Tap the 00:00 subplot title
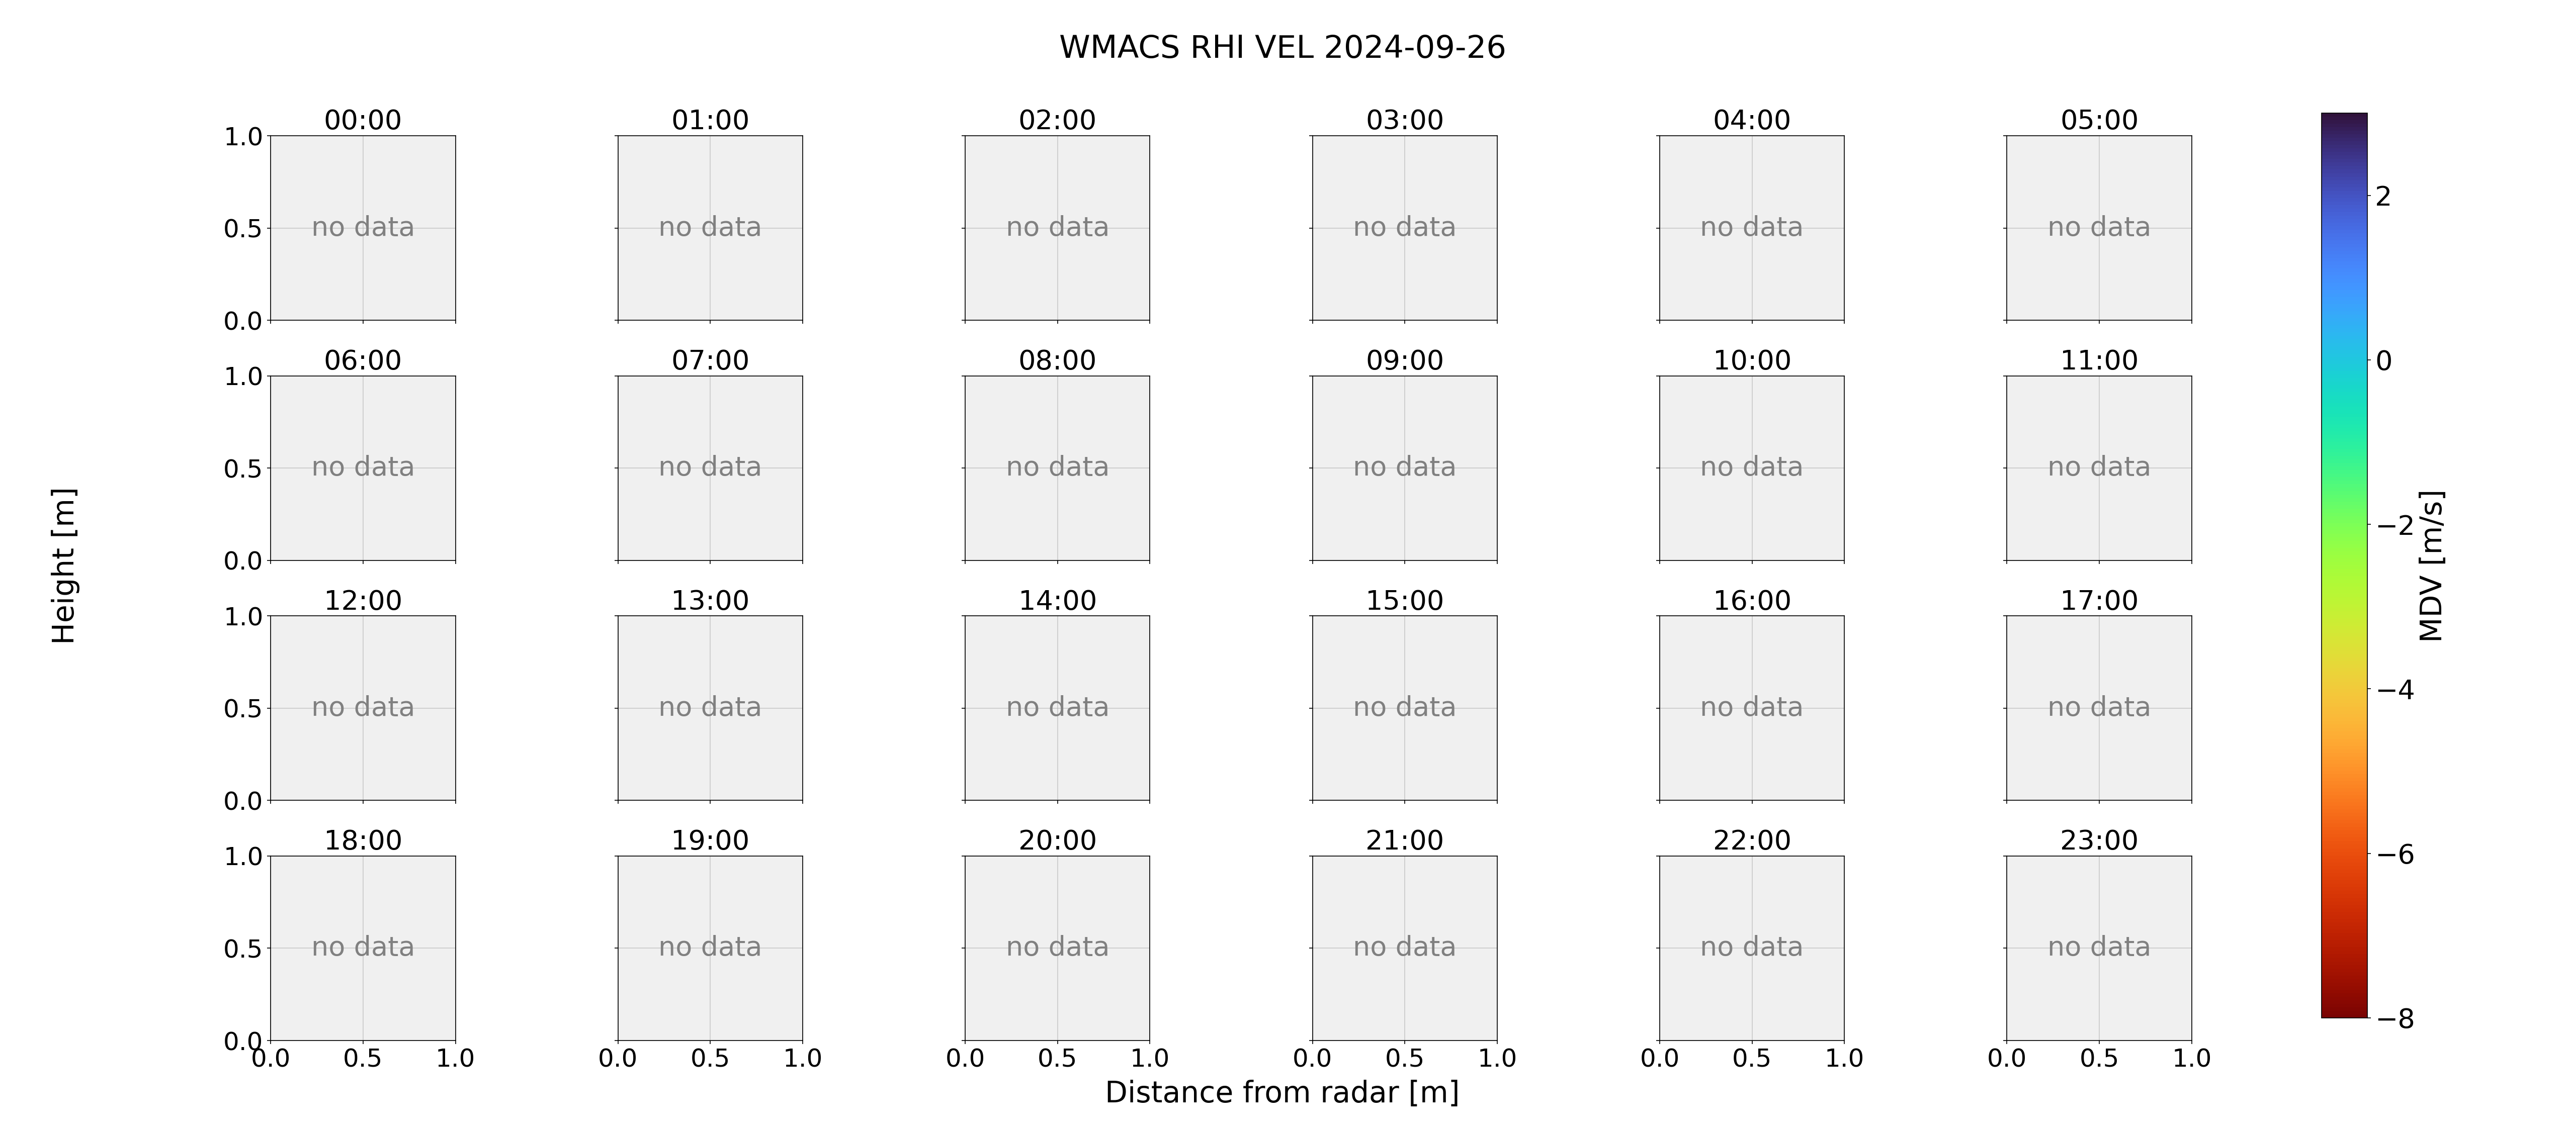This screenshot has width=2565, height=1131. [363, 121]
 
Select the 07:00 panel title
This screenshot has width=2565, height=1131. [710, 360]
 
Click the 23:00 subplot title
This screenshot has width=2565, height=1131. [2099, 840]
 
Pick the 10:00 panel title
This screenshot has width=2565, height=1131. [1751, 360]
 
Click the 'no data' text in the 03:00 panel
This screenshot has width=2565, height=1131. [1404, 227]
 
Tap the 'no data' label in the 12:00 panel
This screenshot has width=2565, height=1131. [363, 707]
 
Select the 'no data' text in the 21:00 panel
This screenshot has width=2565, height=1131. [1404, 947]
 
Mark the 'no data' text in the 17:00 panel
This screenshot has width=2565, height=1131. [2099, 707]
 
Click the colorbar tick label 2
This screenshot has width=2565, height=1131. [2383, 196]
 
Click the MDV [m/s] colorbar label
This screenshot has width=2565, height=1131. [2432, 565]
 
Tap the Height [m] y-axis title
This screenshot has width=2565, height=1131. [64, 565]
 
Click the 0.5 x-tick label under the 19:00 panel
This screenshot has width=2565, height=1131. [710, 1058]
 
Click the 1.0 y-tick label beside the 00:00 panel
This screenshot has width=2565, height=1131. [243, 136]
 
